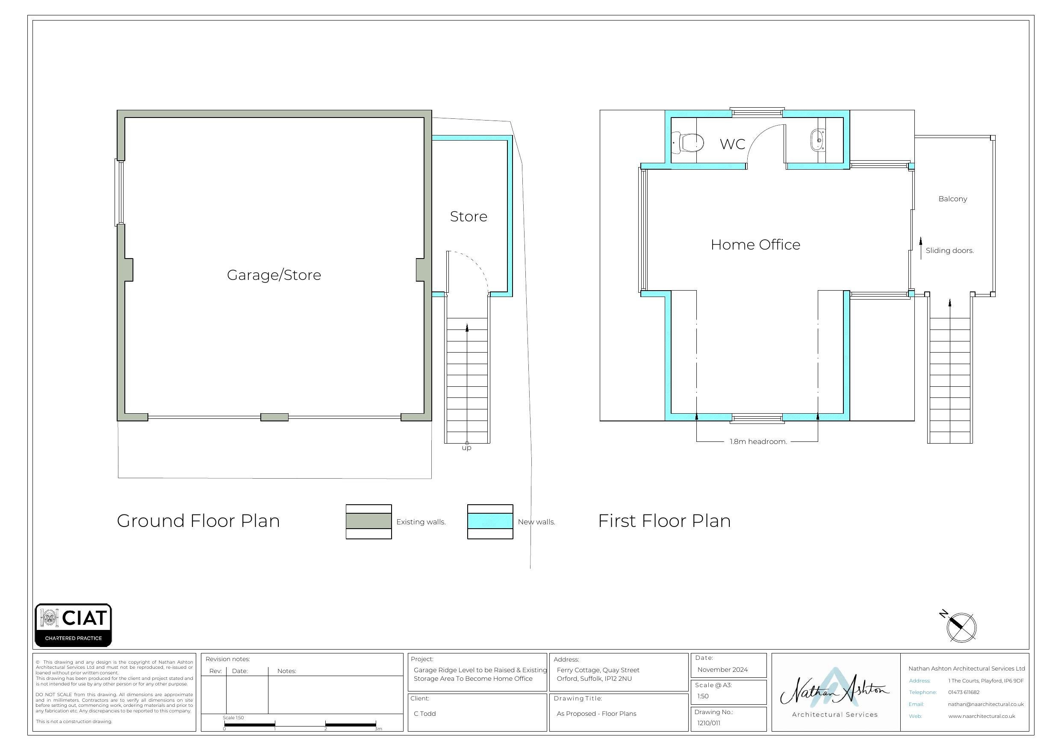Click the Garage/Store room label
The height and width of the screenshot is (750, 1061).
(x=274, y=275)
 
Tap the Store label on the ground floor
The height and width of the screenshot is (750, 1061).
(x=468, y=216)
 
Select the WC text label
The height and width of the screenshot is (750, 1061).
(x=732, y=144)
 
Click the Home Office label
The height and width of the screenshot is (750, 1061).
(x=755, y=244)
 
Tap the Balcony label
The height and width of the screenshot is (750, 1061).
(x=952, y=199)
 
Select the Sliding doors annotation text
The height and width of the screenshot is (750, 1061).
(x=949, y=250)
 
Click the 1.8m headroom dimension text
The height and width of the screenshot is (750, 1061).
(x=758, y=441)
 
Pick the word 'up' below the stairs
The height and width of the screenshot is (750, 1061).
(x=467, y=448)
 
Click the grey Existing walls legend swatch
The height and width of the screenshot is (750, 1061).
(x=368, y=521)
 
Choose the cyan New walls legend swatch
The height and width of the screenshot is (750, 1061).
(x=490, y=521)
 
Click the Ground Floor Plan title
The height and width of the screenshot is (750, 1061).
(x=198, y=521)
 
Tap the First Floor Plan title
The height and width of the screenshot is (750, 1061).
(x=664, y=521)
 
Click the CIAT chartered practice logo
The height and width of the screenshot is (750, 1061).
(x=73, y=624)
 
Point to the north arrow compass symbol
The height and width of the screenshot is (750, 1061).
(x=960, y=626)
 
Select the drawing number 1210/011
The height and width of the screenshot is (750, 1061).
(x=708, y=723)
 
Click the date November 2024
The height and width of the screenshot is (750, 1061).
(x=722, y=670)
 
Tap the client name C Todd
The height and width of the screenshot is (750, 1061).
(x=424, y=714)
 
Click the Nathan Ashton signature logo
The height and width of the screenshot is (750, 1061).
(x=834, y=691)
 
